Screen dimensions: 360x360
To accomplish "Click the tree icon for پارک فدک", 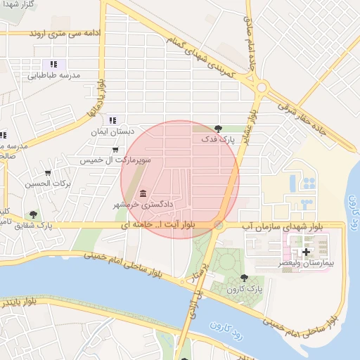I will point(219,128).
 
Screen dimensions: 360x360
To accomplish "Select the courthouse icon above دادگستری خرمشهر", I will point(143,193).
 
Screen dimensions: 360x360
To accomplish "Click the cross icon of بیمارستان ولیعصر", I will point(306,251).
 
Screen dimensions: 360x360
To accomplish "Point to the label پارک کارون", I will point(245,289).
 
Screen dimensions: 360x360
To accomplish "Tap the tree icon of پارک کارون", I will point(244,278).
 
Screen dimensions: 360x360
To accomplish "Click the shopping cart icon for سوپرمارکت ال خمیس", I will point(115,149).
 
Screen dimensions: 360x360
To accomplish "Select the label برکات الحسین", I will point(49,184).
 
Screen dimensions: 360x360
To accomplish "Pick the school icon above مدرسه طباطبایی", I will point(53,64).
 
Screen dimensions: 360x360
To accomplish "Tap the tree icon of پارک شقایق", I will point(33,214).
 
